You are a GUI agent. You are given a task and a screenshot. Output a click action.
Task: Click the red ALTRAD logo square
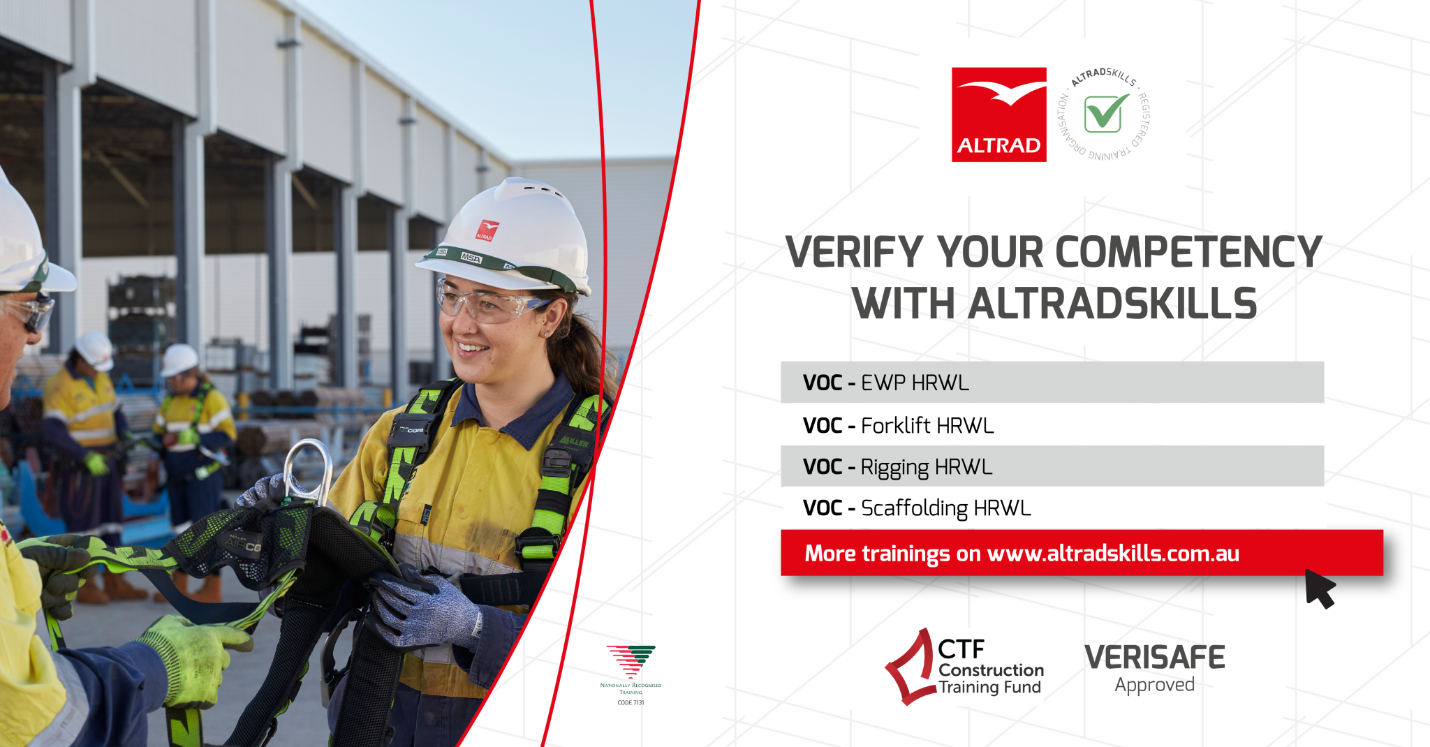pyautogui.click(x=998, y=114)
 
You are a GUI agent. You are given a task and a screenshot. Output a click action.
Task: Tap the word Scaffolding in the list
pyautogui.click(x=914, y=508)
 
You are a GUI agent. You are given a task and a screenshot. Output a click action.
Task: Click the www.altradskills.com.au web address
pyautogui.click(x=1113, y=554)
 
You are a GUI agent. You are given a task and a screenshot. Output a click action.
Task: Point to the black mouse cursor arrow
pyautogui.click(x=1319, y=587)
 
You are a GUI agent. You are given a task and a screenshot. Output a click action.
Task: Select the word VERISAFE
pyautogui.click(x=1154, y=658)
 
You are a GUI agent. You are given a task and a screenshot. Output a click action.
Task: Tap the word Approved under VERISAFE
pyautogui.click(x=1154, y=686)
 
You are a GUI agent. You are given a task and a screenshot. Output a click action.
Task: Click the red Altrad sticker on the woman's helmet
pyautogui.click(x=487, y=230)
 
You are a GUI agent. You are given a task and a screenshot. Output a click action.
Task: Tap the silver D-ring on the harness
pyautogui.click(x=308, y=471)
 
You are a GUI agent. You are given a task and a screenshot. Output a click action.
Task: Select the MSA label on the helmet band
pyautogui.click(x=471, y=258)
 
